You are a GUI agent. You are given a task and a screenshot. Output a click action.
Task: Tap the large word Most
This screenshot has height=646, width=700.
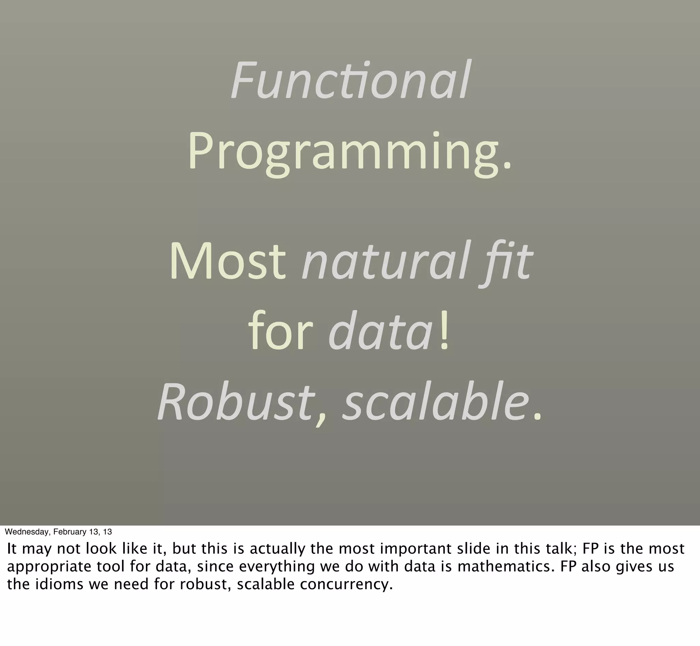point(228,262)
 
